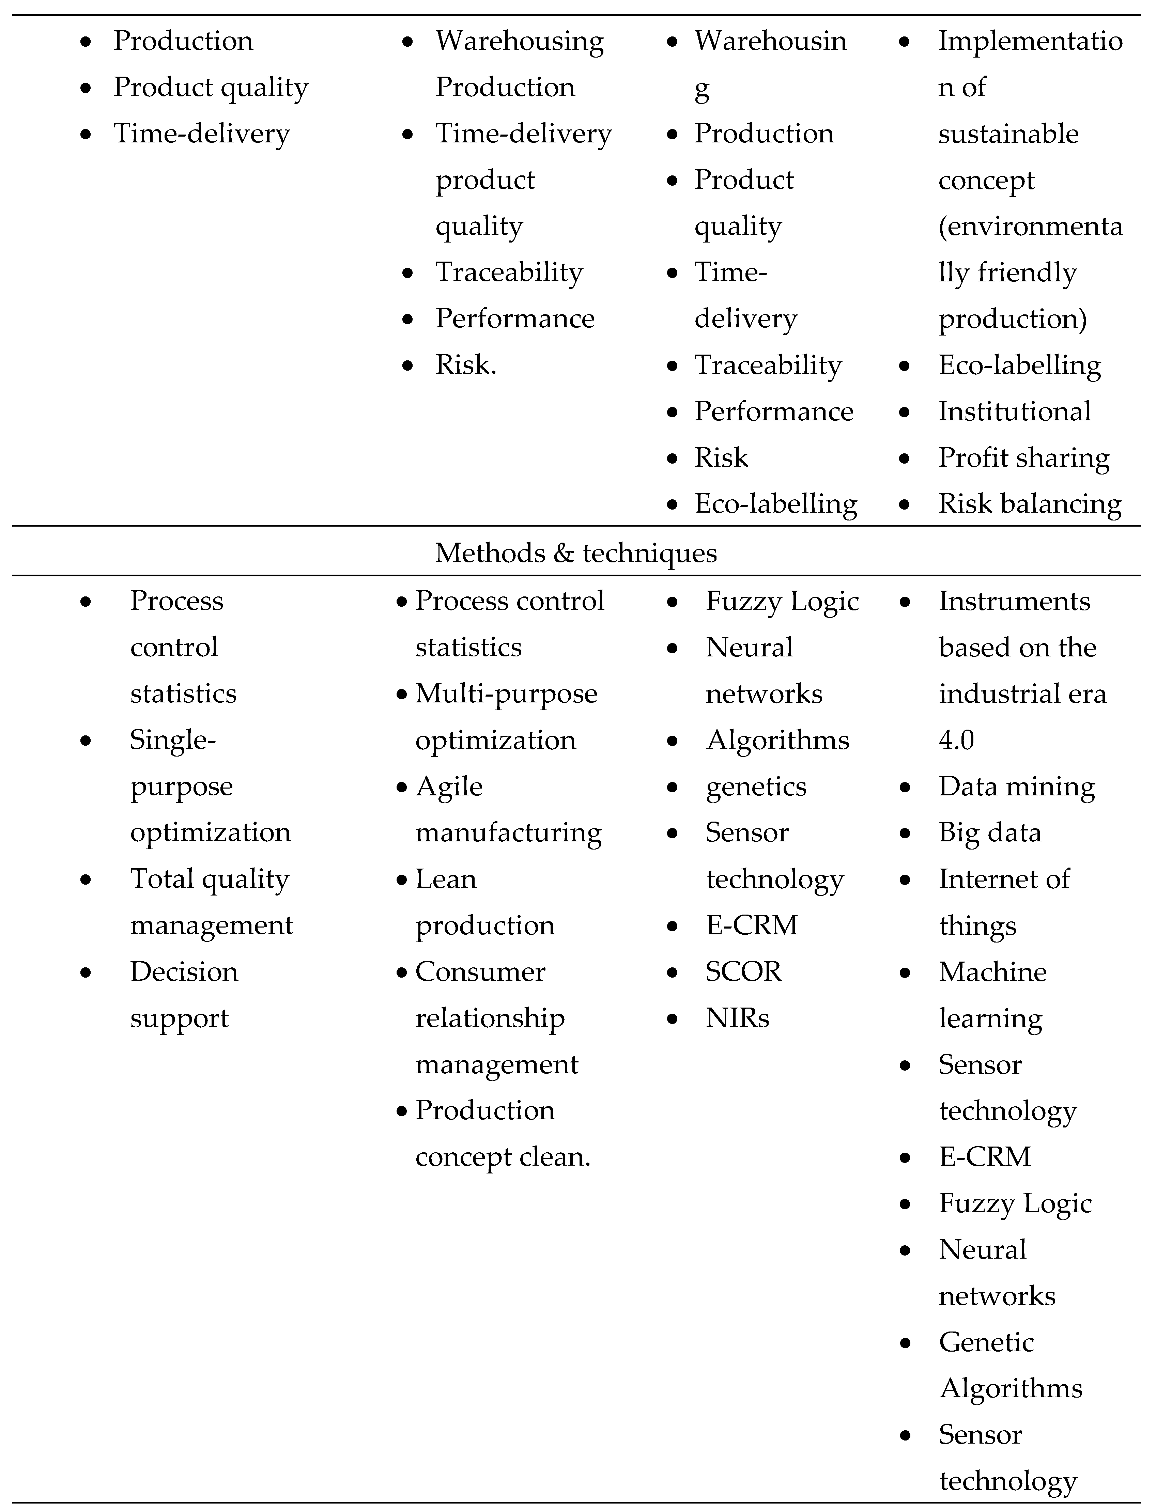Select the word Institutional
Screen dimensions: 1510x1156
(1014, 411)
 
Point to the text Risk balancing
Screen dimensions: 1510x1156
(1029, 503)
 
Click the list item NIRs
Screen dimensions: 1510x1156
(737, 1018)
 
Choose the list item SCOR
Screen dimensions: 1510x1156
(743, 971)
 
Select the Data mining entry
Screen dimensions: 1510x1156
(1016, 786)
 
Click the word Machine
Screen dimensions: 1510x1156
(992, 971)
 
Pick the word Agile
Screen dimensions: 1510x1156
(449, 786)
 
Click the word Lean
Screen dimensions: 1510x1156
(445, 879)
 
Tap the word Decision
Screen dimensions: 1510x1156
(184, 971)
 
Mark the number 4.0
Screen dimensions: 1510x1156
(956, 740)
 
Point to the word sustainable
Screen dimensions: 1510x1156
(1008, 134)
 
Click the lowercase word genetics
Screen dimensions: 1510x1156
(756, 786)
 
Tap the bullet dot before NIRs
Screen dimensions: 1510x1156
(672, 1019)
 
